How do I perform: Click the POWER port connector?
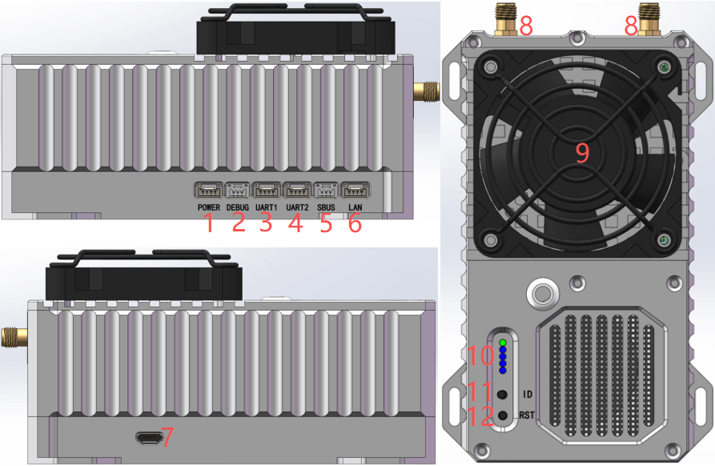click(208, 190)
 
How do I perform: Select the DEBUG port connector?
click(238, 190)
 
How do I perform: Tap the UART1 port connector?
click(267, 190)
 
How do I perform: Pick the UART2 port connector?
click(297, 190)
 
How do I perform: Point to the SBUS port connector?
click(327, 190)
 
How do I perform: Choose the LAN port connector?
click(355, 190)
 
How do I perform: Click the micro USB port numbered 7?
click(149, 439)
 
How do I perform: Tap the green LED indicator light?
click(503, 343)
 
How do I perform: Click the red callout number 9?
click(582, 153)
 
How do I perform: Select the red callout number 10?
click(480, 355)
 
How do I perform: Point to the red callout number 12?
click(480, 416)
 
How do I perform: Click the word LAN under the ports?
click(355, 207)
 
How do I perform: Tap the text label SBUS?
click(326, 207)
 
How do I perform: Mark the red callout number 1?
click(209, 223)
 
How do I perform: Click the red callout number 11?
click(480, 392)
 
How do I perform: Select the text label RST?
click(527, 416)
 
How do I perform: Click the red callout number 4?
click(295, 223)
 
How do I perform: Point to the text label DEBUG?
click(238, 207)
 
